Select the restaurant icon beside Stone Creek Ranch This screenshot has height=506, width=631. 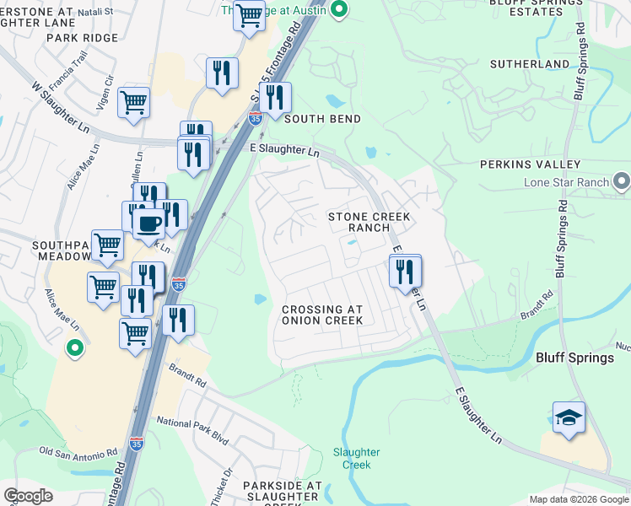406,272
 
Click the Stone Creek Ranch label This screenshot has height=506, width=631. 369,223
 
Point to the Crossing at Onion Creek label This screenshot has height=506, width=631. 322,315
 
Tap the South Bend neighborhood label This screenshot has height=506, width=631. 322,119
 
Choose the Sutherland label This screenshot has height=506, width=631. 530,64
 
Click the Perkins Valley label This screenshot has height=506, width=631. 531,164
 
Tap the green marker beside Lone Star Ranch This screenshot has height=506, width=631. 622,181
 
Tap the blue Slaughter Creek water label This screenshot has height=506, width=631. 357,459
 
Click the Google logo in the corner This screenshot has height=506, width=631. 28,496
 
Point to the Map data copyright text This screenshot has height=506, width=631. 579,499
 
